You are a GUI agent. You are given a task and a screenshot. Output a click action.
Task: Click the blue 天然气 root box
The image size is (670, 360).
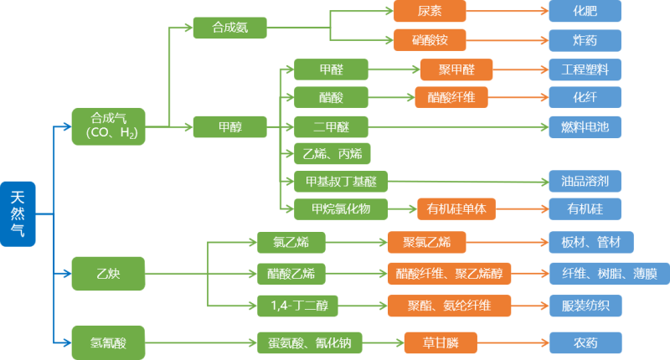(18, 213)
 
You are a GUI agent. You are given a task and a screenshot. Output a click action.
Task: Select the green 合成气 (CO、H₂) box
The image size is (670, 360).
(108, 126)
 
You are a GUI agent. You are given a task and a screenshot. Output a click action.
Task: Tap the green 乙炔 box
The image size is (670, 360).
(108, 273)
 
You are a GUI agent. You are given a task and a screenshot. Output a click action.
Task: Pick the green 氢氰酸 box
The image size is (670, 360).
(108, 341)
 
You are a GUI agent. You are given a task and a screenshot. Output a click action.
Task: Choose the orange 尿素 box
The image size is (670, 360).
(429, 11)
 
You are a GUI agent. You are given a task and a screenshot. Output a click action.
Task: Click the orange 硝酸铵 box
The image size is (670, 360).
(429, 39)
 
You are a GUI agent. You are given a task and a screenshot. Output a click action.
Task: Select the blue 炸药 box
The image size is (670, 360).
(585, 39)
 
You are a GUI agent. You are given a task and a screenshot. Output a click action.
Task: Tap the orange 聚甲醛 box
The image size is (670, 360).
(456, 69)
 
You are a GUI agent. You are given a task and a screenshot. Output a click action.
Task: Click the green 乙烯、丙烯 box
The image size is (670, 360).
(332, 154)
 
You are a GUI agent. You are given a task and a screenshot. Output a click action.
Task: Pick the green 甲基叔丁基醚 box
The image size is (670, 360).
(341, 181)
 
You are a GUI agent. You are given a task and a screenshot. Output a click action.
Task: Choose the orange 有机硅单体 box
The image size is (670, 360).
(456, 208)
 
